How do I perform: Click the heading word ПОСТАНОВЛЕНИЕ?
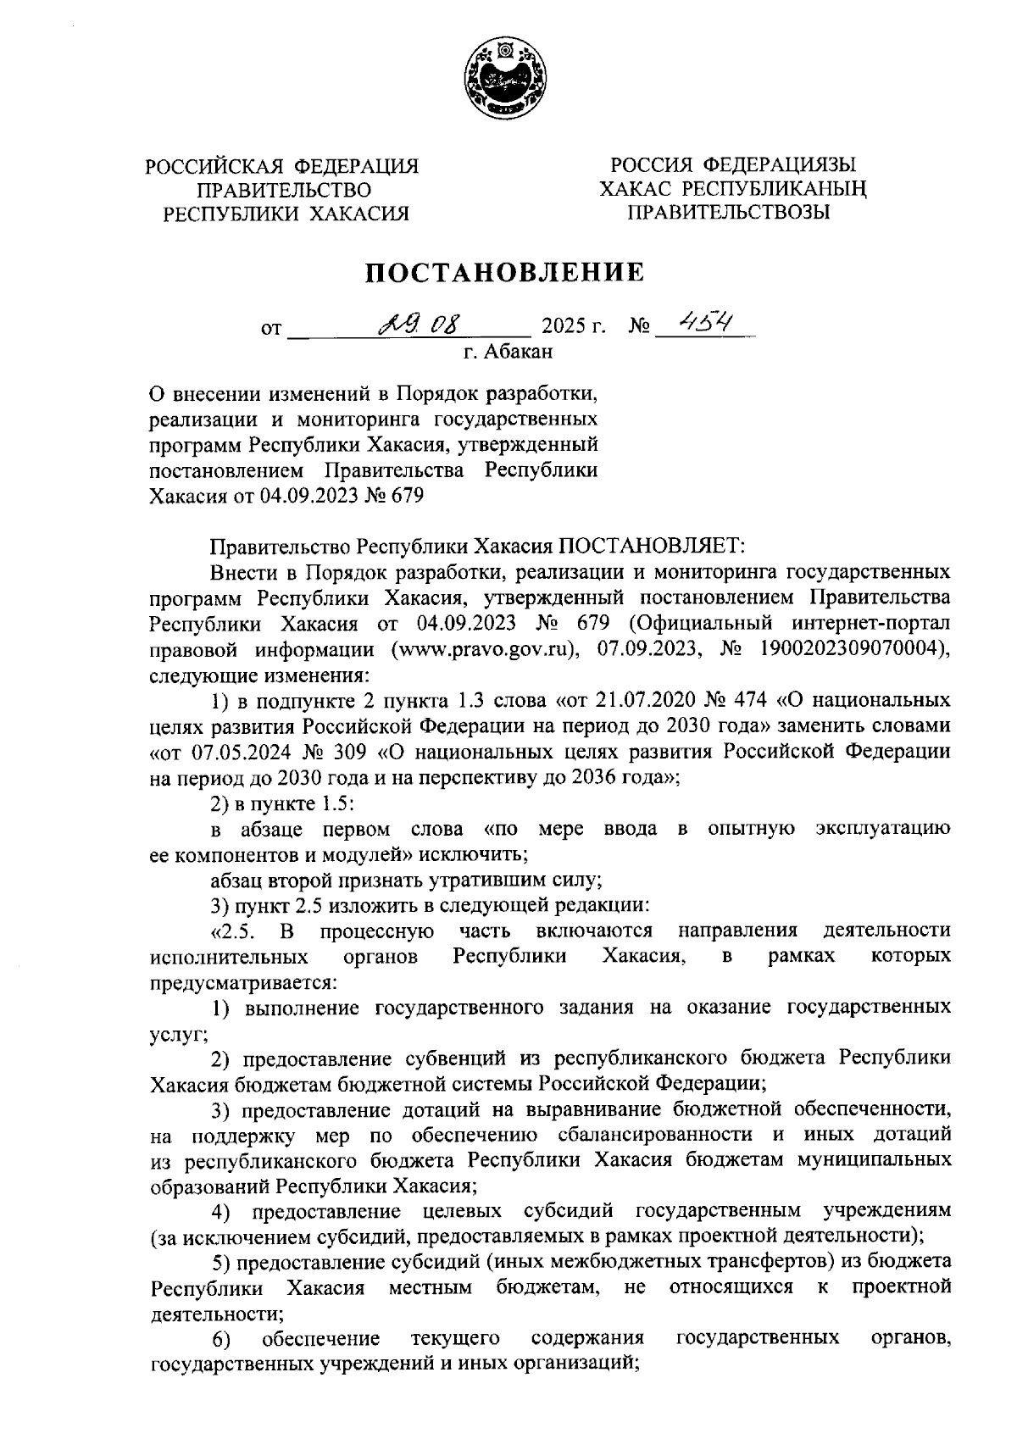(x=506, y=273)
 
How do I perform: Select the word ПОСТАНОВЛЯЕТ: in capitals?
(x=649, y=547)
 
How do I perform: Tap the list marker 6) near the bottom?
(x=222, y=1339)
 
